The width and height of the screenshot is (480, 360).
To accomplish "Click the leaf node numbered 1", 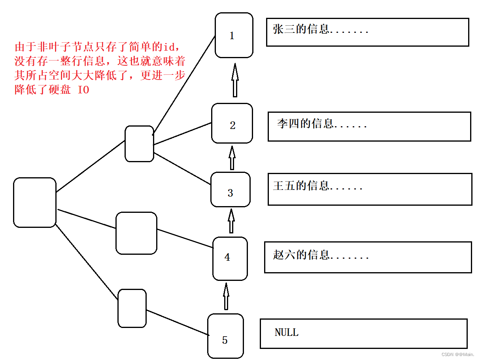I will pyautogui.click(x=234, y=35).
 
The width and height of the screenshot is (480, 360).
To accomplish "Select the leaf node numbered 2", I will pyautogui.click(x=232, y=123).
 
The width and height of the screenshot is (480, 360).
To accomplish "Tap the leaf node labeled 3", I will pyautogui.click(x=231, y=189).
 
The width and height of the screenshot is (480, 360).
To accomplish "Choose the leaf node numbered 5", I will pyautogui.click(x=225, y=336).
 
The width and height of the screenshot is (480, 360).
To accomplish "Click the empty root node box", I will pyautogui.click(x=35, y=203).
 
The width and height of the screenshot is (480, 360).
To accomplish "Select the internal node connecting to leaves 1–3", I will pyautogui.click(x=139, y=144).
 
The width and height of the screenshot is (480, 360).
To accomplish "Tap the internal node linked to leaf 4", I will pyautogui.click(x=136, y=233).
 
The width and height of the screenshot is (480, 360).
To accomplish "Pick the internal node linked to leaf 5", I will pyautogui.click(x=132, y=308).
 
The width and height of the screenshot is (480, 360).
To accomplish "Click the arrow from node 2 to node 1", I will pyautogui.click(x=235, y=81).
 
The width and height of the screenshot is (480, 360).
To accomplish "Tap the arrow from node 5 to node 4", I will pyautogui.click(x=226, y=297).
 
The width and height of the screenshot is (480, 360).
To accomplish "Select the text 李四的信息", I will pyautogui.click(x=305, y=124).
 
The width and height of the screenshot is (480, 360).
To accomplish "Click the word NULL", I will pyautogui.click(x=287, y=332).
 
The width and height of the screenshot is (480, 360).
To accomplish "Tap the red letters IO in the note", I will pyautogui.click(x=83, y=90).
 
